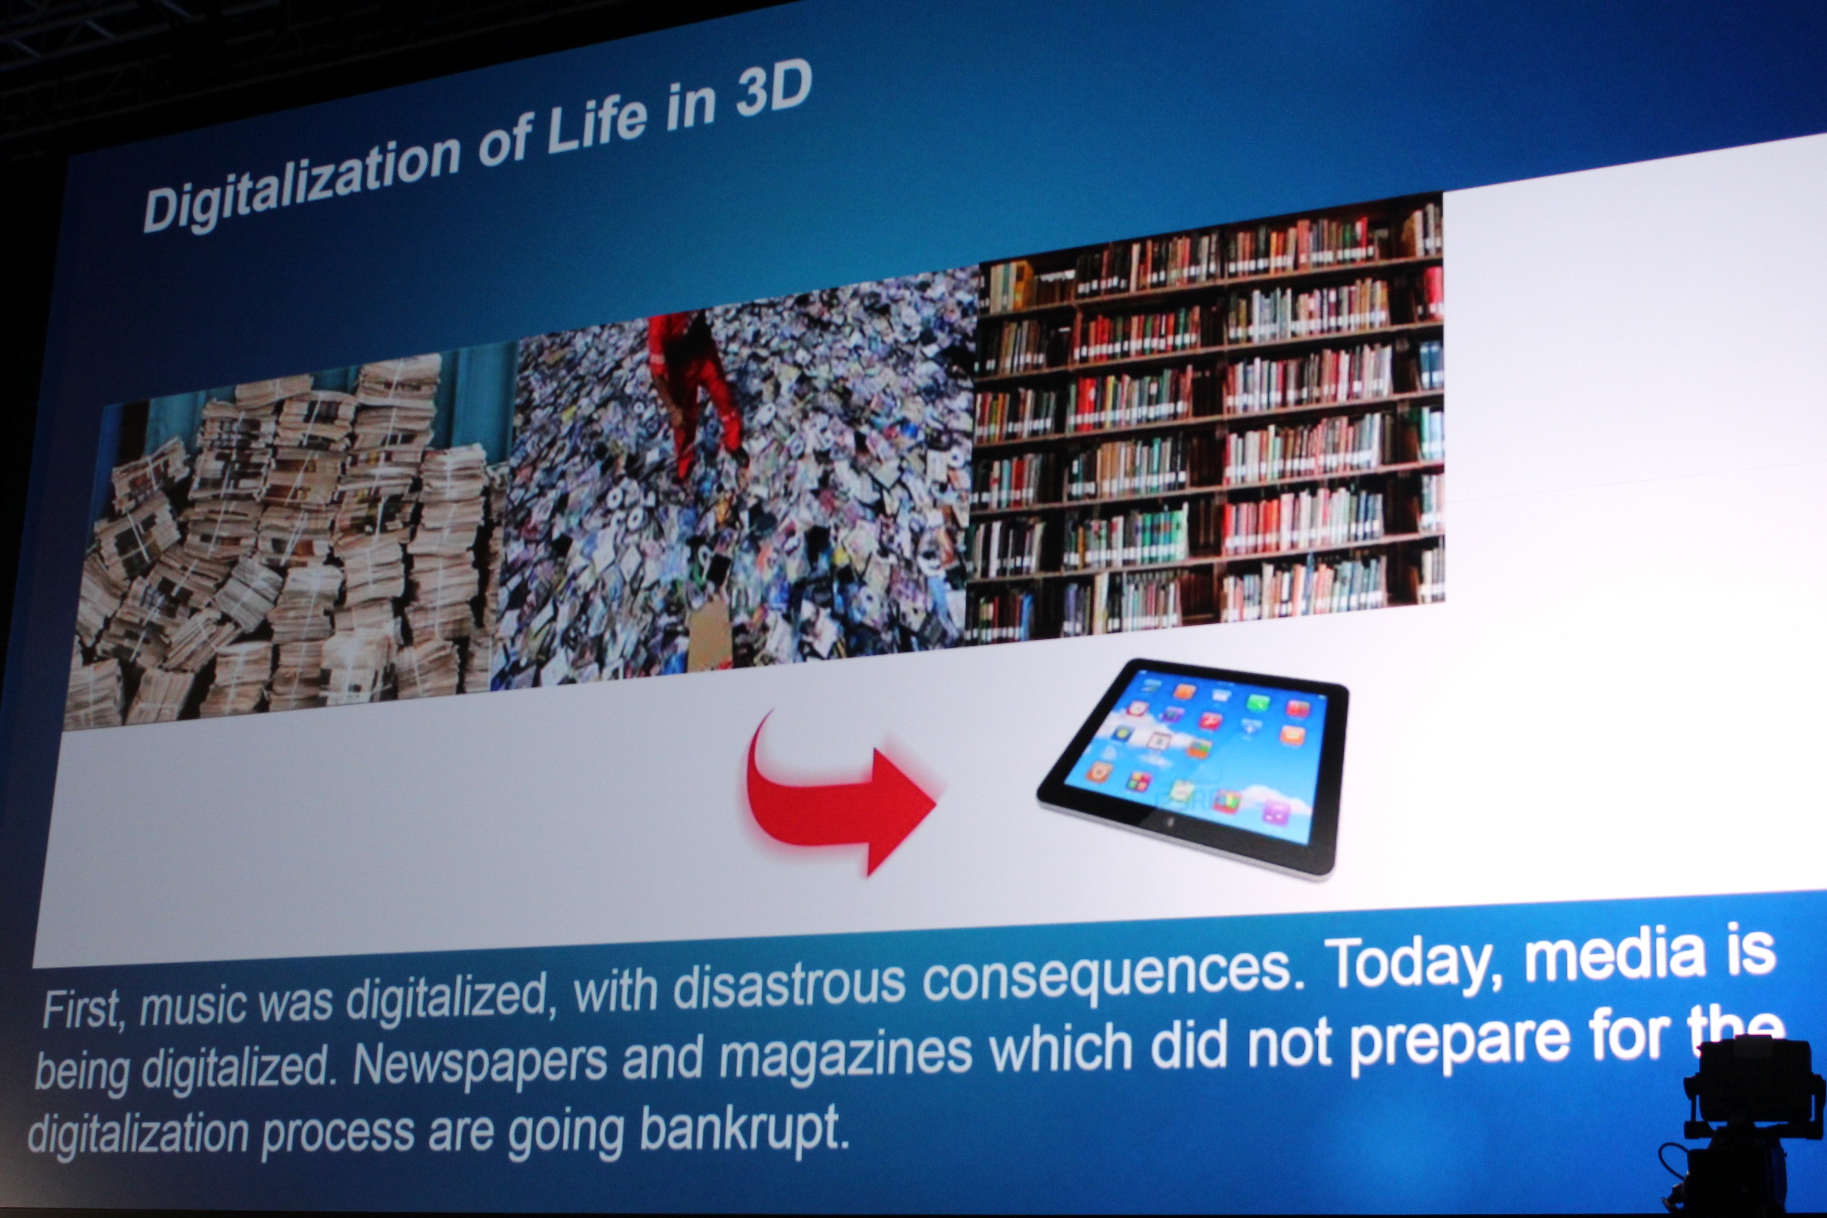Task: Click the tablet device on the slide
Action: coord(1192,765)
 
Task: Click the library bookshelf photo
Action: coord(1204,419)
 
